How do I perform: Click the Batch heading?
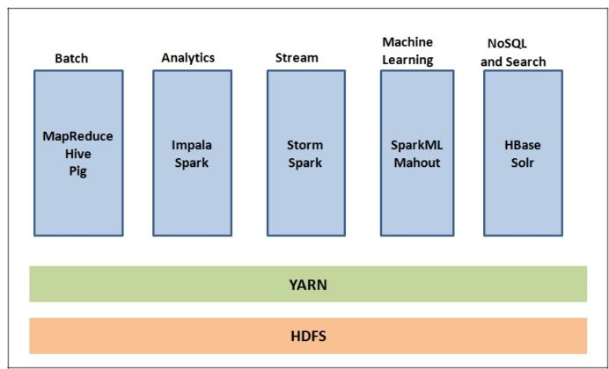(71, 59)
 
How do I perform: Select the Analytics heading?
(187, 58)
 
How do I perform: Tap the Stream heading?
(297, 58)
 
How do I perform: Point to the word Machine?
(406, 42)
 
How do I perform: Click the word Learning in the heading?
(407, 60)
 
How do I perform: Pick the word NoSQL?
(508, 44)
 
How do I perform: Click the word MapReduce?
(78, 136)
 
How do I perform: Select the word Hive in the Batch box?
(78, 154)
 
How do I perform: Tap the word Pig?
(78, 171)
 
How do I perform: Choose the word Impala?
(191, 145)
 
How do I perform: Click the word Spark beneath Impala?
(191, 163)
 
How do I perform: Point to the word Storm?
(305, 145)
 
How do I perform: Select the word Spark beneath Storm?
(305, 163)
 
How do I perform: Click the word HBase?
(523, 145)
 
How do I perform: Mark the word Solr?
(523, 163)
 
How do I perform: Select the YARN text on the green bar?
(307, 285)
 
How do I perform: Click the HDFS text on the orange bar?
(307, 336)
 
